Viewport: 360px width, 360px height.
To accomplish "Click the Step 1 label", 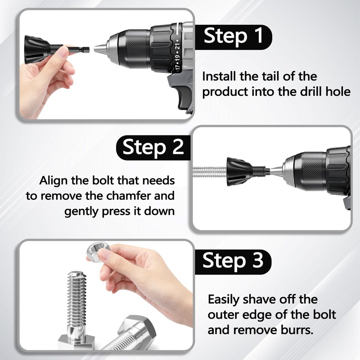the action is click(233, 37).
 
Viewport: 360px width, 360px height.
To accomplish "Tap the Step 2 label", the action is click(153, 147).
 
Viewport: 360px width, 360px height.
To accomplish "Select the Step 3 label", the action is click(233, 261).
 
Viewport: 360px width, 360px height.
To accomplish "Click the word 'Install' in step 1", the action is click(219, 76).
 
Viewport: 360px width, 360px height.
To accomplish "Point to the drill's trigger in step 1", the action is click(184, 98).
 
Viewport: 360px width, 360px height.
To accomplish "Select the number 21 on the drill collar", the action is click(177, 49).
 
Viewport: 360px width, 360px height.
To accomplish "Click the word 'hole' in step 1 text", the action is click(338, 92).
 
